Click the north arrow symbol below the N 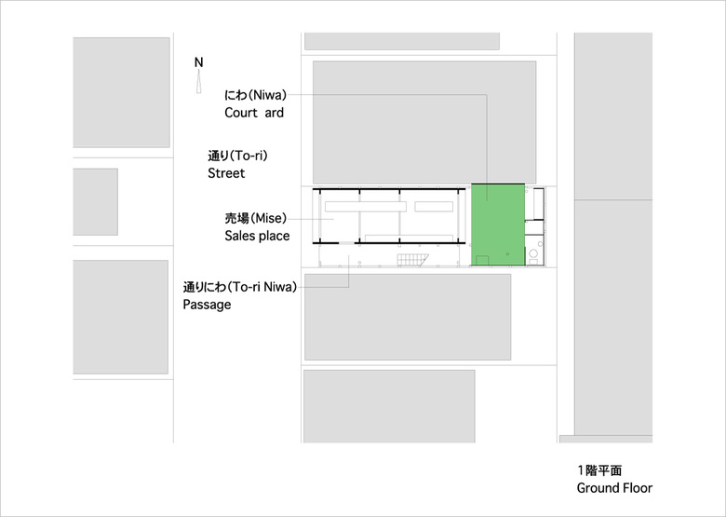tap(198, 83)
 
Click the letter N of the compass tap(198, 62)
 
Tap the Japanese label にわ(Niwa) tap(254, 95)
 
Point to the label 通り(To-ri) tap(243, 156)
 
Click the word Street tap(226, 173)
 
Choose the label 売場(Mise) tap(252, 218)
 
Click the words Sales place tap(257, 236)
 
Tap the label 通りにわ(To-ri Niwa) tap(239, 287)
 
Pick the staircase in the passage tap(411, 258)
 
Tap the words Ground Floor tap(614, 488)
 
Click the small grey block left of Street tap(95, 201)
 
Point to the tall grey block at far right tap(612, 233)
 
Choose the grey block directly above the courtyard tap(423, 121)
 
